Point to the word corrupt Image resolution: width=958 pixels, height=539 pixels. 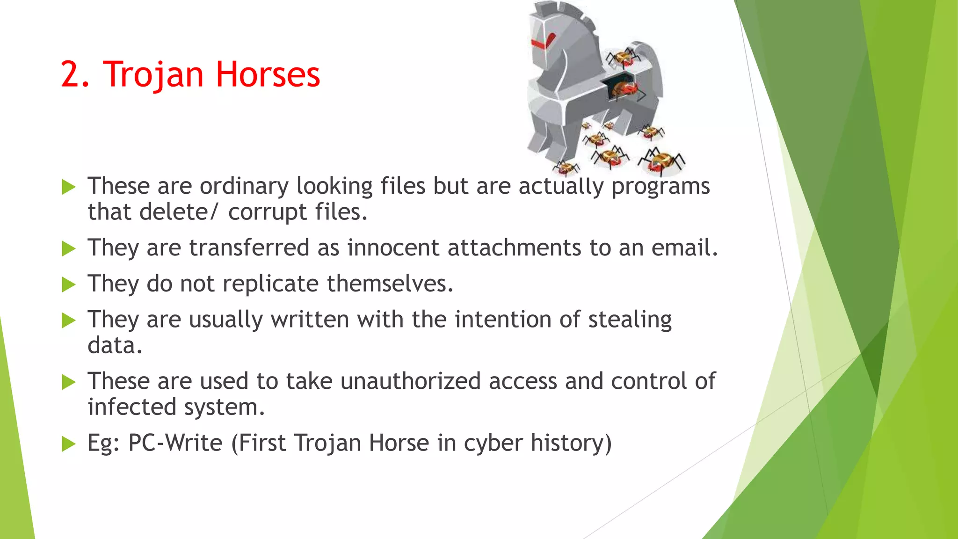coord(267,212)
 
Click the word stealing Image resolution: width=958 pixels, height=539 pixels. coord(630,320)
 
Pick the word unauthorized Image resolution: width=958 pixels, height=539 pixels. coord(410,381)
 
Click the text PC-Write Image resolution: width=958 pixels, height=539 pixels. coord(175,443)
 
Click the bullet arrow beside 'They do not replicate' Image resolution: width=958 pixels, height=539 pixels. coord(69,284)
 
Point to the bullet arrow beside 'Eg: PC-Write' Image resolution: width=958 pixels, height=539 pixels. coord(69,444)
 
